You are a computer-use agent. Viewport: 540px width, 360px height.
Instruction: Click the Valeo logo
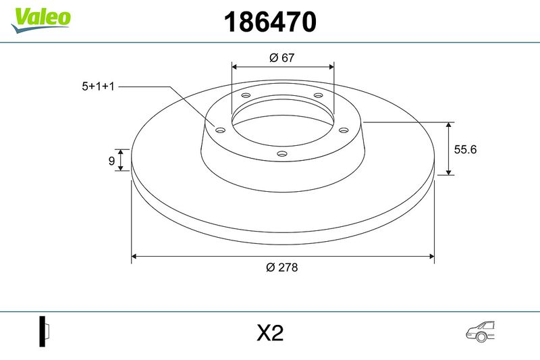point(40,20)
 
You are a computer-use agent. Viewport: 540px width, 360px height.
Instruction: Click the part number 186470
point(270,22)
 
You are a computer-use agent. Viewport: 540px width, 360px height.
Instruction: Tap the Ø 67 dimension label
point(282,57)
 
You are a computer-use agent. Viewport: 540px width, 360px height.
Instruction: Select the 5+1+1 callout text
point(98,86)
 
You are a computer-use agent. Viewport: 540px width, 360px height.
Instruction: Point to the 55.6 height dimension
point(465,149)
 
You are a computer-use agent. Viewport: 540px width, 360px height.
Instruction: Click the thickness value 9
point(111,161)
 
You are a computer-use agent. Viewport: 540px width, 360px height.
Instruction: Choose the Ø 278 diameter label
point(281,267)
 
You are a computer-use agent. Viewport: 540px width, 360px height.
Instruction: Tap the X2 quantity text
point(270,333)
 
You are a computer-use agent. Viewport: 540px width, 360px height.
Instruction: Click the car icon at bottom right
point(480,332)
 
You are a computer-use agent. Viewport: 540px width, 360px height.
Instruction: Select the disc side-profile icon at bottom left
point(45,331)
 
